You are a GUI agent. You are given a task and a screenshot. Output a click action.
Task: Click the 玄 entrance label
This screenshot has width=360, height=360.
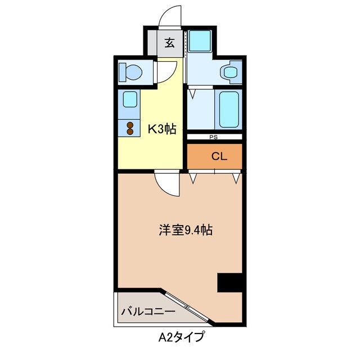169,42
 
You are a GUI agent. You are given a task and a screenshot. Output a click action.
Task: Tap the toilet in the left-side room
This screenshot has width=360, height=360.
130,73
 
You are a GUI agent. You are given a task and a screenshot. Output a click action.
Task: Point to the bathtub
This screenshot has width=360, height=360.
229,109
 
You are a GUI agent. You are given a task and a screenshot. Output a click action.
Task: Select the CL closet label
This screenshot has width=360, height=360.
219,156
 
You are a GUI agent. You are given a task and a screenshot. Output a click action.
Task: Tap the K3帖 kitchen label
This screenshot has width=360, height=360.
162,129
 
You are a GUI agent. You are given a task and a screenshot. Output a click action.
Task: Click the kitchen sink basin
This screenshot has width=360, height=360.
130,100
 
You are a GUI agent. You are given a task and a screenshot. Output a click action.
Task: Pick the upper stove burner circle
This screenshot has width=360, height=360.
130,125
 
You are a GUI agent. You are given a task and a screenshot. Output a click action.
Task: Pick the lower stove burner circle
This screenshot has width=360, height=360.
130,132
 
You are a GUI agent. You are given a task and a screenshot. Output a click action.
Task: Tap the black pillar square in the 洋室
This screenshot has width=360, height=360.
229,282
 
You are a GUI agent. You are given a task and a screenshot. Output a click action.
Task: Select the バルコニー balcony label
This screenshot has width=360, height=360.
148,310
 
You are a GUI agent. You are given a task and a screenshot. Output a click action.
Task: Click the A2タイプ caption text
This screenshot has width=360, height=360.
180,337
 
